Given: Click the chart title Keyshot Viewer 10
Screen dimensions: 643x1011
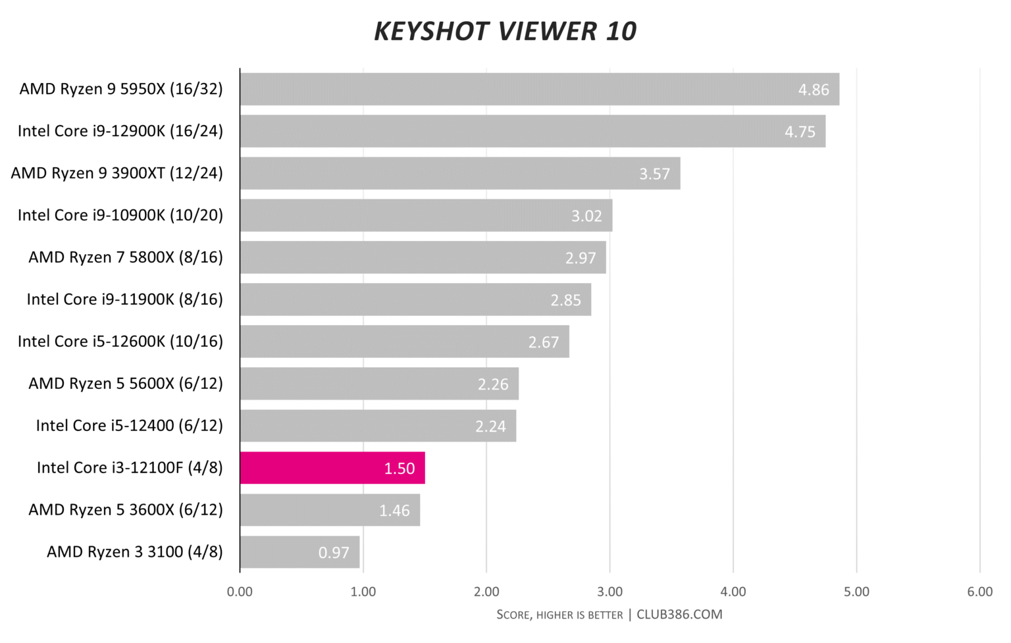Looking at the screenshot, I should pos(505,31).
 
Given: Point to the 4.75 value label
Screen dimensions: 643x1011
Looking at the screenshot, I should pos(800,132).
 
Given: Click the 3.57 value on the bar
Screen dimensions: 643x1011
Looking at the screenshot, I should pos(654,174).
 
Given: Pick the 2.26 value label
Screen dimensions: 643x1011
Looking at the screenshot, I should pos(493,384).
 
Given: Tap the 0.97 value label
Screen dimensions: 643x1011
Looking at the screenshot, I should pos(334,552).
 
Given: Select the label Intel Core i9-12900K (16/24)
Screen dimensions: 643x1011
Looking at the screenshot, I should pos(120,131).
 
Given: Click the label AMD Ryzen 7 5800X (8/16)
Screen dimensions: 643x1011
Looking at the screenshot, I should pos(126,257).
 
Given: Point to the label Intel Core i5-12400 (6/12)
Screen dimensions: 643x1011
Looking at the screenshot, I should pos(130,426).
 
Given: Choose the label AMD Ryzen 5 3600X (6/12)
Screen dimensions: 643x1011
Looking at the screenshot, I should pos(126,510).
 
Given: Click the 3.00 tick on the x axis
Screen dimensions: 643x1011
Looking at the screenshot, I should pos(609,592).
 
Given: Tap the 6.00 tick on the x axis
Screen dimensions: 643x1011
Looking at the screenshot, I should pos(979,592).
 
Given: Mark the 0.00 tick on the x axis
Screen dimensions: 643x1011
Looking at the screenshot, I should pos(240,592).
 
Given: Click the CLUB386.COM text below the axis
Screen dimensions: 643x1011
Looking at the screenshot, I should pos(679,615).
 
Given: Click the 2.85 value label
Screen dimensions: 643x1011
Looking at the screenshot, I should pos(565,300).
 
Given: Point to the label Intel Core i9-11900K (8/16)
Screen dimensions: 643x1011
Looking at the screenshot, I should pos(125,299).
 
